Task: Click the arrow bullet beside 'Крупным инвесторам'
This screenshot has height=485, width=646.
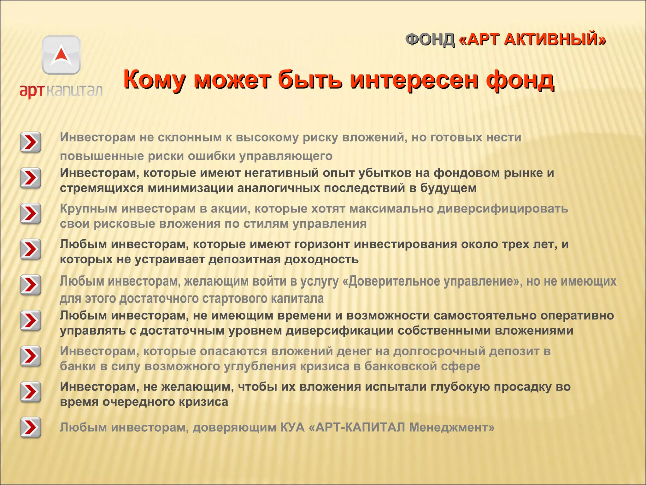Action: coord(31,213)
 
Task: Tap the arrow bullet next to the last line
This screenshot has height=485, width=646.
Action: coord(31,428)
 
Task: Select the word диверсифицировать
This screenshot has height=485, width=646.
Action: coord(503,209)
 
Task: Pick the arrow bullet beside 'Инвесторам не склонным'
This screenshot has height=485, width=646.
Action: coord(31,142)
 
